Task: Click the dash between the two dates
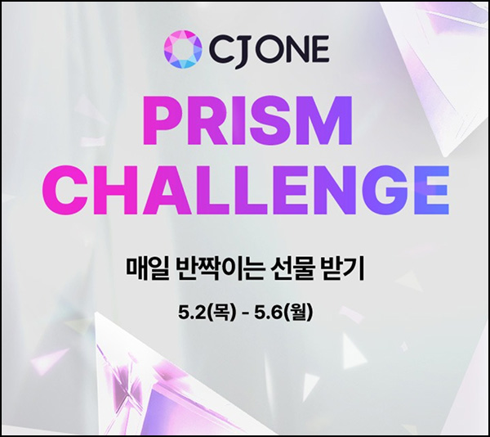tap(245, 312)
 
